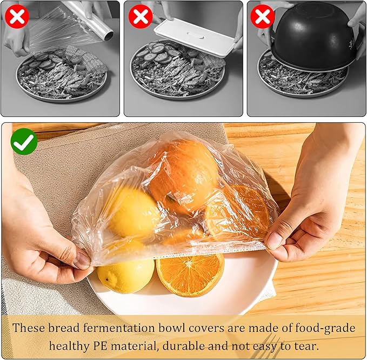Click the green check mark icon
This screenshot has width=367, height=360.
24,142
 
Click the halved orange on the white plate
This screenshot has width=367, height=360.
190,274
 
